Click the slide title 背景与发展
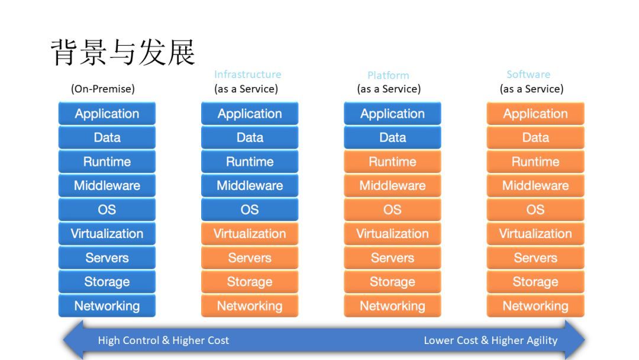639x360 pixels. (x=122, y=52)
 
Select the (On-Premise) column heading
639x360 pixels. (x=103, y=89)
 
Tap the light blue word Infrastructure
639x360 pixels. (x=248, y=74)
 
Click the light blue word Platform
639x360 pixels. (x=388, y=75)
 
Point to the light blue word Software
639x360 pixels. (x=528, y=74)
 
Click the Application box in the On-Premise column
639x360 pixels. (x=106, y=113)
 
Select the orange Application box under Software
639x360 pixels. (x=535, y=113)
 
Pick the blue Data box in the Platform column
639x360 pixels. (x=392, y=137)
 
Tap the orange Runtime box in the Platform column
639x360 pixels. (x=392, y=162)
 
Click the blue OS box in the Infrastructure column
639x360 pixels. (x=250, y=210)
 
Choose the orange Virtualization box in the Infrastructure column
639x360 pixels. (x=250, y=234)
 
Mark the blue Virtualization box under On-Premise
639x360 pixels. (x=106, y=234)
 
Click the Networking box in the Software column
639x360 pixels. (x=535, y=306)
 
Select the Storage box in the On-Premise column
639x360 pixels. (x=106, y=282)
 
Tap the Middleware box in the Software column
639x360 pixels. (x=535, y=185)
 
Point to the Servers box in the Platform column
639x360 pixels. (x=392, y=258)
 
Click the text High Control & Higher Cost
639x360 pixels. (x=163, y=340)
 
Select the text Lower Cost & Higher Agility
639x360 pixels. (x=490, y=340)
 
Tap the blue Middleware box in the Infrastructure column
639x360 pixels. (x=250, y=185)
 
